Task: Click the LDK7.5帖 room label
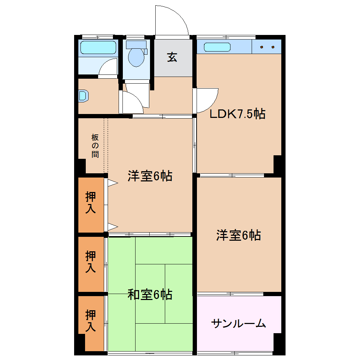pos(237,114)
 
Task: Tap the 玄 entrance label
pos(172,57)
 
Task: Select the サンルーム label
pos(238,323)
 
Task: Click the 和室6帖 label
pos(150,294)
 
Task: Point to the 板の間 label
pos(95,145)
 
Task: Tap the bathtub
pos(98,47)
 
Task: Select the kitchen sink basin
pos(217,47)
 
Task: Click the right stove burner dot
pos(273,47)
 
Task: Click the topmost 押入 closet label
pos(91,202)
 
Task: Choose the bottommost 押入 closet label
pos(91,320)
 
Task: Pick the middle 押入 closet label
pos(91,262)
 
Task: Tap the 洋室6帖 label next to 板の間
pos(150,175)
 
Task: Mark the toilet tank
pos(136,44)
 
